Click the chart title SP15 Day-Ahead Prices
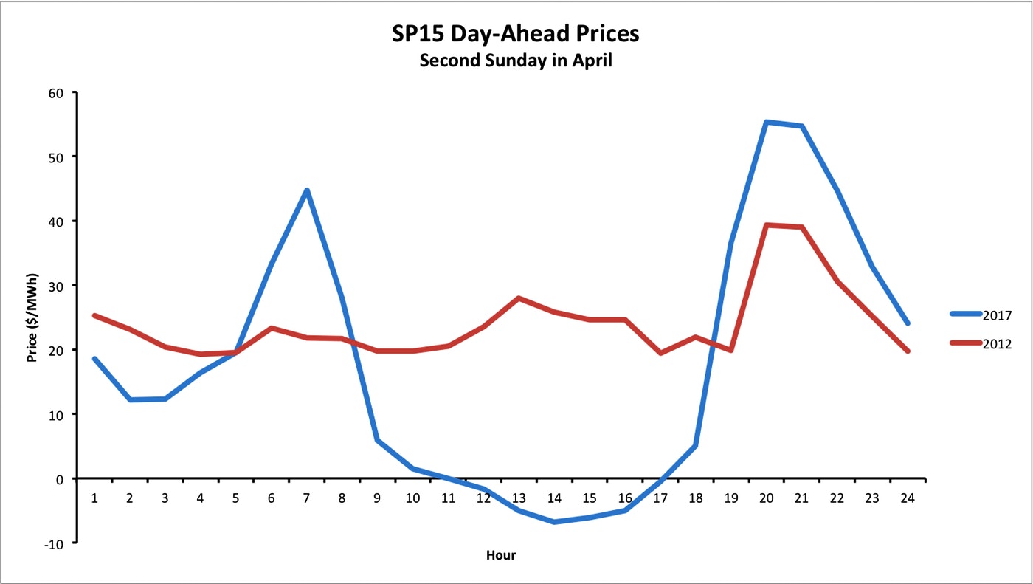click(x=516, y=33)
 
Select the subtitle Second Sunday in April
click(x=516, y=61)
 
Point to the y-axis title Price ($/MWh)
click(x=32, y=317)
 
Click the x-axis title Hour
click(x=501, y=555)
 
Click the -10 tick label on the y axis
click(x=56, y=543)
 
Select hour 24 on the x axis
click(x=908, y=498)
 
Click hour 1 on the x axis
click(x=94, y=498)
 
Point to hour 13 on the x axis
click(x=519, y=498)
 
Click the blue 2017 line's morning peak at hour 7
click(x=306, y=190)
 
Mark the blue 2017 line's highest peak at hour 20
click(x=767, y=122)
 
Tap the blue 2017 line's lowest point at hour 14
click(x=554, y=522)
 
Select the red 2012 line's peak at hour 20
click(x=767, y=225)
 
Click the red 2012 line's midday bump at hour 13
click(x=519, y=298)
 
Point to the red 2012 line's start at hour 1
click(x=94, y=315)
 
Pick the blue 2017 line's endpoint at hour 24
click(x=908, y=323)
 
